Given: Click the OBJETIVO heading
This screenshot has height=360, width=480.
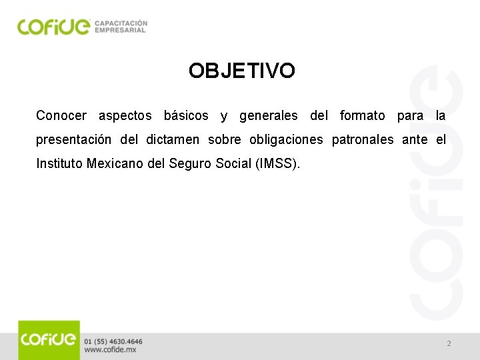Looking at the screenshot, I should click(241, 71).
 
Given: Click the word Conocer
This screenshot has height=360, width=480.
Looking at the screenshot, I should click(61, 116).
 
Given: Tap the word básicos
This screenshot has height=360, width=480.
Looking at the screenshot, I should click(187, 116).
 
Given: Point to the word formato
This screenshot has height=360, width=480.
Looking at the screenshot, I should click(362, 116).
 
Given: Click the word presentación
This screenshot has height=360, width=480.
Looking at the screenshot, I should click(74, 140).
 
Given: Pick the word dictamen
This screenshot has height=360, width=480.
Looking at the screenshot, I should click(173, 140).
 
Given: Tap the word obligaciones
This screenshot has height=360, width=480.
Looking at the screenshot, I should click(286, 140).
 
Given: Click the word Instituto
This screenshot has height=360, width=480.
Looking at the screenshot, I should click(59, 163).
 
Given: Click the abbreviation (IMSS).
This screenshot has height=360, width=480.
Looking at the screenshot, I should click(278, 163).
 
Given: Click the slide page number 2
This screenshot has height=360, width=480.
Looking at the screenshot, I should click(449, 343).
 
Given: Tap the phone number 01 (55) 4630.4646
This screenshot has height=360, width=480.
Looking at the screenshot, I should click(113, 341).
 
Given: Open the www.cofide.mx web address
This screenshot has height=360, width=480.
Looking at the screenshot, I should click(111, 350).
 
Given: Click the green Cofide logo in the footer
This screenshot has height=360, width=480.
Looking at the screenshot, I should click(49, 340).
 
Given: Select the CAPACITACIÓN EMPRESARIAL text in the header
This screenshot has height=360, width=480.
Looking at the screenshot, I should click(121, 26).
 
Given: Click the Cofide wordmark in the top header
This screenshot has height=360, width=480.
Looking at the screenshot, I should click(53, 26).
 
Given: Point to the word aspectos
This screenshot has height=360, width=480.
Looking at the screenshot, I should click(125, 116).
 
